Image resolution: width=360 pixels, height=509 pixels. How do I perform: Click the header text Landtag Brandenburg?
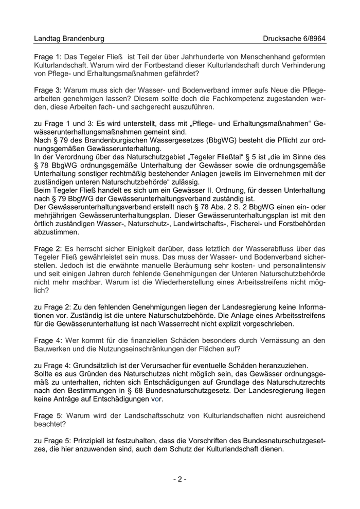coord(69,39)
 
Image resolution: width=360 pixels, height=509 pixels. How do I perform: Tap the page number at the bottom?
coord(179,479)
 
